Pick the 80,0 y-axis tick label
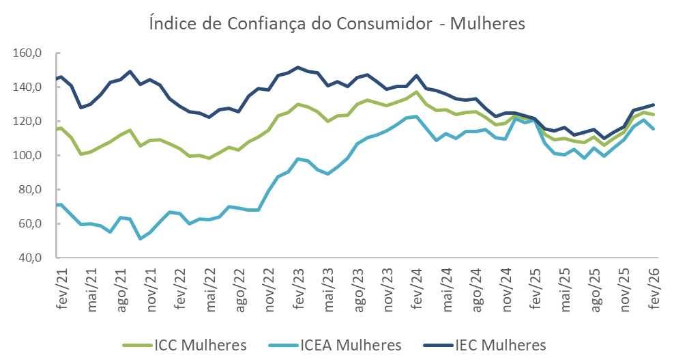pos(31,190)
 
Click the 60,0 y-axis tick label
pos(31,224)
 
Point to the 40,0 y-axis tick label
pos(31,258)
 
